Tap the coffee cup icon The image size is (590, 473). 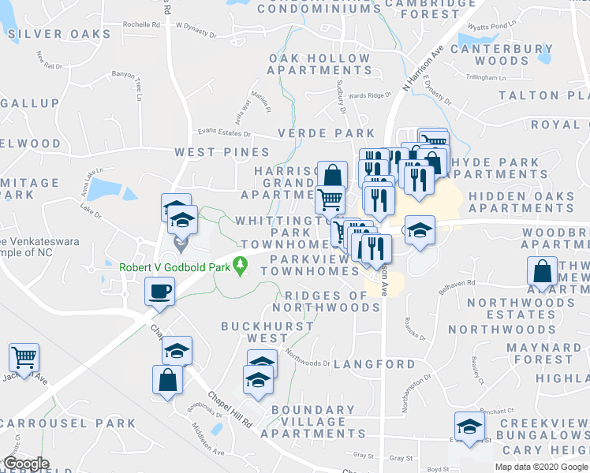159,291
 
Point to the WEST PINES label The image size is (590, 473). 222,151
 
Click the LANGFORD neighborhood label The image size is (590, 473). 374,364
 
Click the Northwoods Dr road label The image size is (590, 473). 307,358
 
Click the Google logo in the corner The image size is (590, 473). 26,464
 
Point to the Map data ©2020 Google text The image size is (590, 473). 541,467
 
